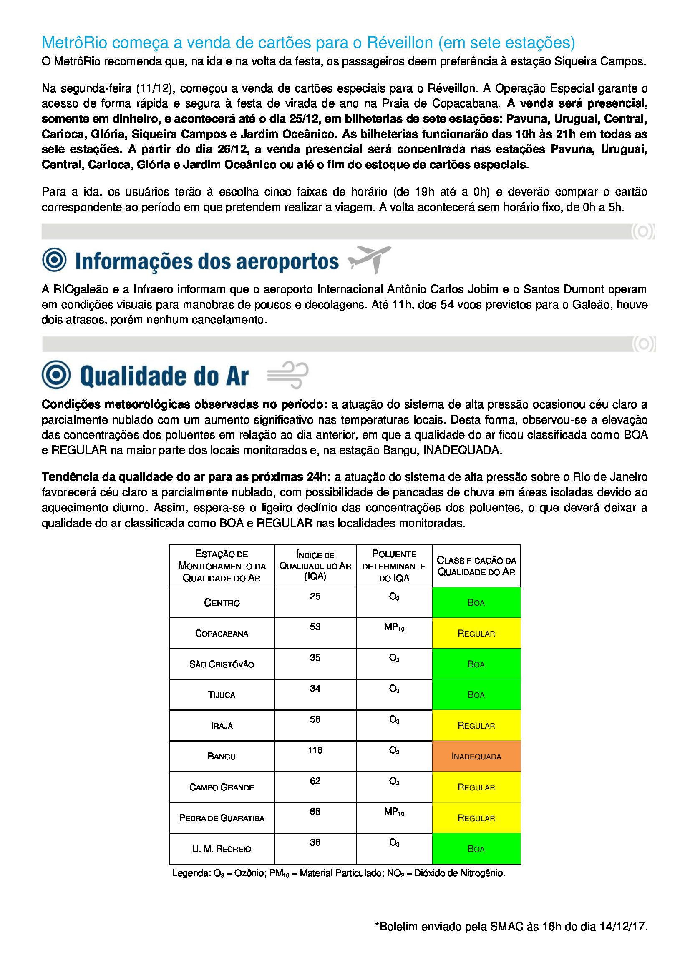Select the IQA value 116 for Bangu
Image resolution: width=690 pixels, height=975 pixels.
pos(315,750)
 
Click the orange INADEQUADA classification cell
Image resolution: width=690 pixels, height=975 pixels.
pos(476,756)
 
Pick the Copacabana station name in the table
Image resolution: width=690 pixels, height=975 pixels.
pos(222,633)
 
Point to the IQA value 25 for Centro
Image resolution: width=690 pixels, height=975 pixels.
pos(315,596)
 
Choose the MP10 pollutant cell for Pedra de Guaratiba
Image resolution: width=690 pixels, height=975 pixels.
pos(394,812)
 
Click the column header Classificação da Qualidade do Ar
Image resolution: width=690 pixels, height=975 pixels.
pos(476,566)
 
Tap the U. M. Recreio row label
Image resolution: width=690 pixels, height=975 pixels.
pos(222,849)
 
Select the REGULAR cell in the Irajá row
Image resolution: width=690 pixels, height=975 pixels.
pos(476,725)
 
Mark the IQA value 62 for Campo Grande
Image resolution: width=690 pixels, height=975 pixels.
pos(315,781)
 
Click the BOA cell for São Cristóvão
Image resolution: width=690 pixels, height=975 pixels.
pos(476,664)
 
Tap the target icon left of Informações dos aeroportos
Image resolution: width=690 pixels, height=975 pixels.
pos(54,259)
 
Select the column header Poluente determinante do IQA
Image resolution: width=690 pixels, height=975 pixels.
pos(394,566)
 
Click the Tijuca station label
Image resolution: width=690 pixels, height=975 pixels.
pos(222,695)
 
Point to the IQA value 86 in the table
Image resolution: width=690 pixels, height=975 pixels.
pos(315,812)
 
